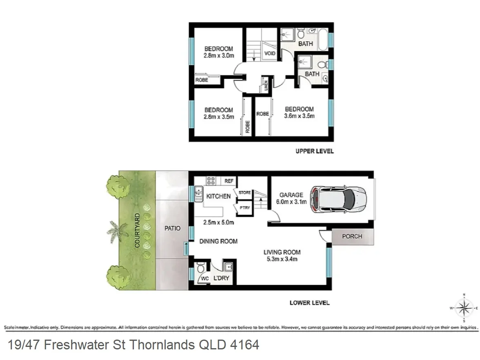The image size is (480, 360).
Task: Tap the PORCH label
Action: (352, 236)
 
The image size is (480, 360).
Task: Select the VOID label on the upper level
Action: (270, 53)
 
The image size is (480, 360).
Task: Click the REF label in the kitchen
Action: (229, 181)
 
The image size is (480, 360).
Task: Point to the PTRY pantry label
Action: (245, 207)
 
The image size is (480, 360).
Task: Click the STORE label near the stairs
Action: (245, 193)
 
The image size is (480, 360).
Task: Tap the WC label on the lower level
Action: (205, 279)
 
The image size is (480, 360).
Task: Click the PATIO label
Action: (172, 229)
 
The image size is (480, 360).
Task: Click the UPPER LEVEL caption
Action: (314, 151)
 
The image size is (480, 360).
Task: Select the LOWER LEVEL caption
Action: (309, 303)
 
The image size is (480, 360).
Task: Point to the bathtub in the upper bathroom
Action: (322, 39)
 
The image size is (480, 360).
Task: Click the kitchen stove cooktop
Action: (211, 181)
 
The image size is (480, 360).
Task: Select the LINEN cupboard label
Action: (266, 85)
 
